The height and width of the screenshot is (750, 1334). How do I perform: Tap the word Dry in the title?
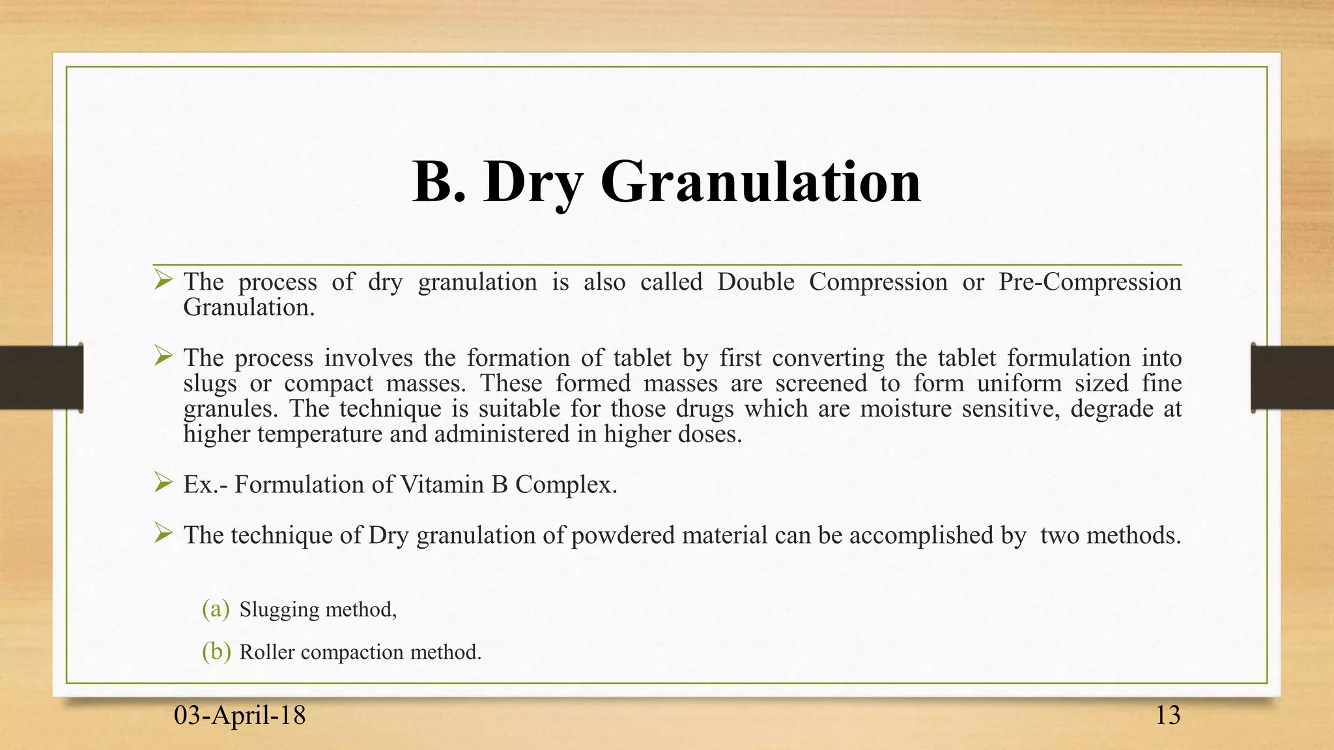533,184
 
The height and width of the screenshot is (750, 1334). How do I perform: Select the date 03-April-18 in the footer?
240,715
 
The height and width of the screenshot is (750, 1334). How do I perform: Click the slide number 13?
1167,715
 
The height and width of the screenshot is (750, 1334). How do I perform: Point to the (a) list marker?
216,609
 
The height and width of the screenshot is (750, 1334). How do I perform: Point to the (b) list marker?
216,652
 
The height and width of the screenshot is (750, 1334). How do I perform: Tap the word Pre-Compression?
1090,282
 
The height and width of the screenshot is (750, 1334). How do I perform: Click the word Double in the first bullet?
756,282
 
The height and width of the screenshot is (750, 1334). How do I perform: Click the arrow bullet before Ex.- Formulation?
163,482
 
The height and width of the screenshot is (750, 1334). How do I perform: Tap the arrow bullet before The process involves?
163,356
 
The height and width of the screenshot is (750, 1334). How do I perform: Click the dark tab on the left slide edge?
41,378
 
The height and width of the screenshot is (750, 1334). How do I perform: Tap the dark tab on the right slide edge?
1292,378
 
